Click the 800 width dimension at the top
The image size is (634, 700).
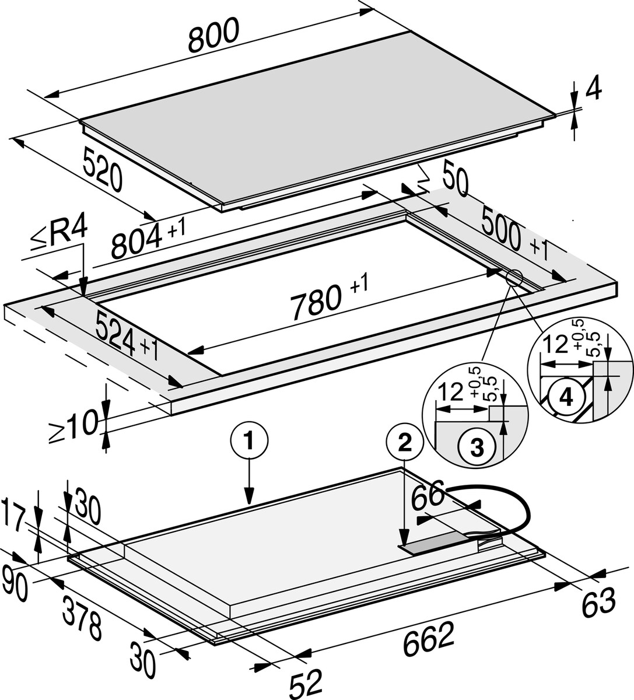click(x=214, y=34)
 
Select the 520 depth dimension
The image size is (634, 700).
click(x=103, y=169)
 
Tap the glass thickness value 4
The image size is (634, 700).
click(x=593, y=91)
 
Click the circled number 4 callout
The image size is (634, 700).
click(x=565, y=397)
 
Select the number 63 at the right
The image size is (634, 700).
click(x=598, y=603)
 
